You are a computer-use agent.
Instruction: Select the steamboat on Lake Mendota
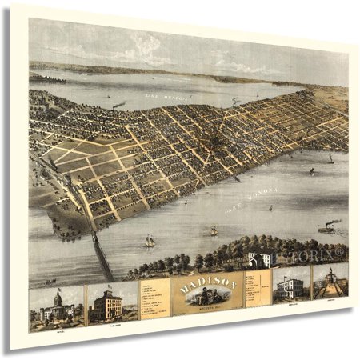[119, 105]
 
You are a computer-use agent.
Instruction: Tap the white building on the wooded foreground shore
[261, 258]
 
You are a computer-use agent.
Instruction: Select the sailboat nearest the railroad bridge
[150, 240]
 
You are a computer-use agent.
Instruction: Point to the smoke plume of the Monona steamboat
[334, 222]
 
